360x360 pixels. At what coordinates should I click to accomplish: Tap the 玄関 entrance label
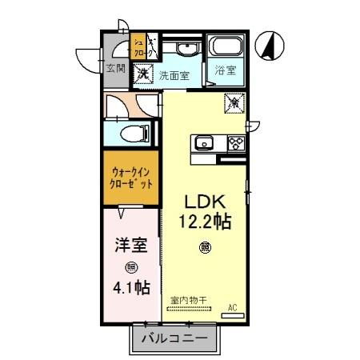pos(115,68)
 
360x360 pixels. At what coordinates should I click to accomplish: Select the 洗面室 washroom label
pos(174,76)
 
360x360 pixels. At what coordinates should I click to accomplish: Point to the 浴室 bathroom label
pos(225,71)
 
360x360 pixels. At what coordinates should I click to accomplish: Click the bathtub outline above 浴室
pos(225,47)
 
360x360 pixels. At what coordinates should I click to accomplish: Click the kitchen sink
pos(202,144)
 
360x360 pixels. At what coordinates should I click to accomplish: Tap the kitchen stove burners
pos(236,144)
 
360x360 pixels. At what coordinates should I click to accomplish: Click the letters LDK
pos(205,201)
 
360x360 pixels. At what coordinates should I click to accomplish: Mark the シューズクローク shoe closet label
pos(138,47)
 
